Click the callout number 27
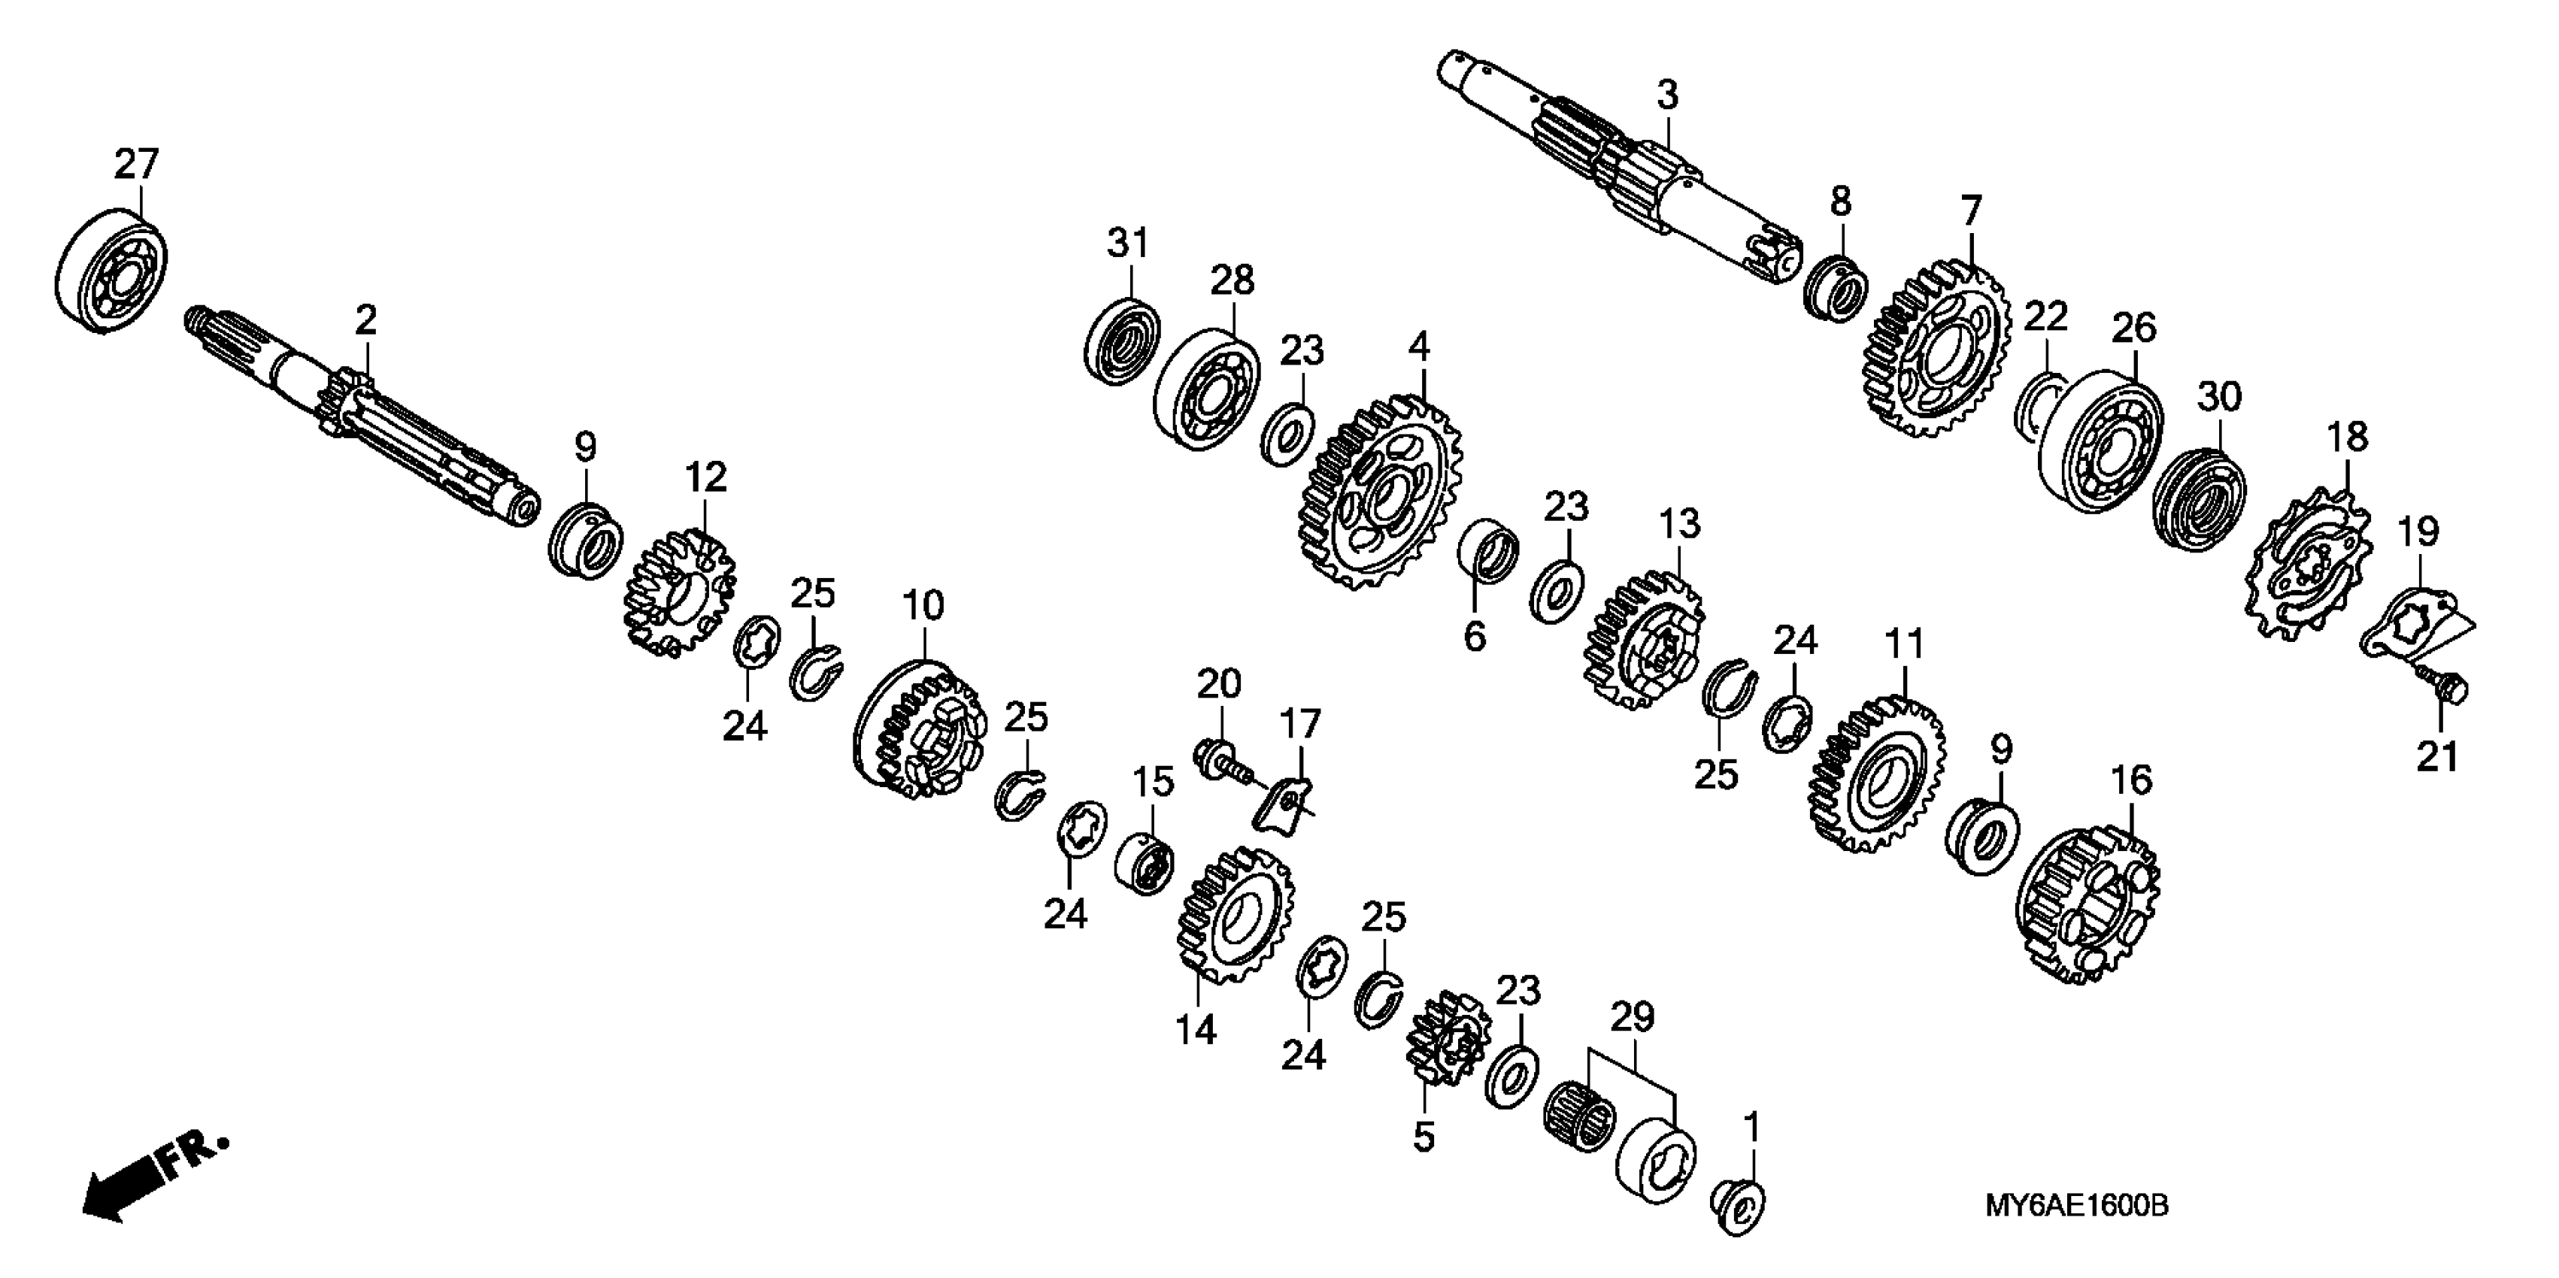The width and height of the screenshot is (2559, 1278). tap(136, 164)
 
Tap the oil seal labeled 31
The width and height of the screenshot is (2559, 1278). tap(1121, 343)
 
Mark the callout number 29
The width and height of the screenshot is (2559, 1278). tap(1632, 1018)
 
